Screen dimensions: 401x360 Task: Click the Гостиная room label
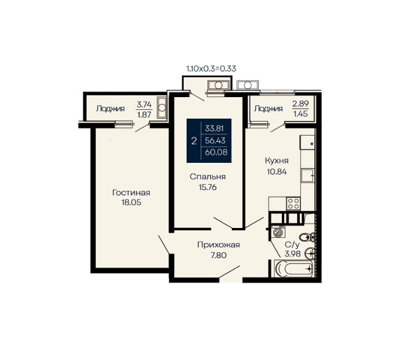click(131, 193)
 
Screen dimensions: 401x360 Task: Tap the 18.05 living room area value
click(131, 202)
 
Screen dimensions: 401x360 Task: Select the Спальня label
click(207, 177)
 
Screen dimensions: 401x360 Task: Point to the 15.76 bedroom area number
click(207, 187)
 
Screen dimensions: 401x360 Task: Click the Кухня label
click(277, 161)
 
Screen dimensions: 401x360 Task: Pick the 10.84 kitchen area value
click(277, 172)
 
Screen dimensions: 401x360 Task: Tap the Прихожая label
click(219, 245)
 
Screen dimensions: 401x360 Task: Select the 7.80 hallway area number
click(219, 255)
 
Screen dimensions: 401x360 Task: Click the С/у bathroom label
click(292, 245)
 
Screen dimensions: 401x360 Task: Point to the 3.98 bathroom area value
click(293, 254)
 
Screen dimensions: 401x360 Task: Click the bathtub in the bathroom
click(293, 269)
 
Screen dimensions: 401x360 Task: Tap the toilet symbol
click(307, 237)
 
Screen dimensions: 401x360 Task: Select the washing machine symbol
click(277, 232)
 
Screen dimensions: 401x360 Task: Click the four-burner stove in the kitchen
click(293, 204)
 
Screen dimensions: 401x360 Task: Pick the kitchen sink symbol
click(307, 176)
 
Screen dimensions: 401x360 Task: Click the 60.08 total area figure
click(216, 152)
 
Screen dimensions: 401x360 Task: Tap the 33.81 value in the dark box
click(214, 128)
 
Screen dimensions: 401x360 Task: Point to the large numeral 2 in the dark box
click(194, 141)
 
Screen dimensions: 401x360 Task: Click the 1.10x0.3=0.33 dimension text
click(211, 69)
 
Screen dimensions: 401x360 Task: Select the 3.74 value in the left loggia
click(144, 104)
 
